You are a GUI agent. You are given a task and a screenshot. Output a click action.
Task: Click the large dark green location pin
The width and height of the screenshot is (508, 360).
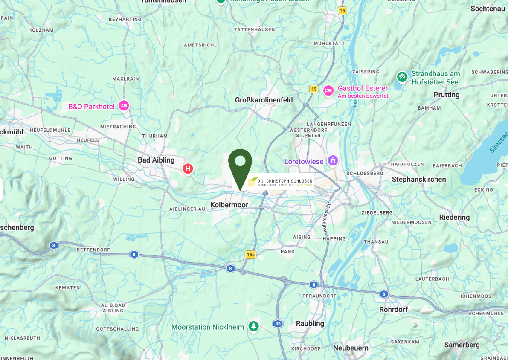pyautogui.click(x=240, y=164)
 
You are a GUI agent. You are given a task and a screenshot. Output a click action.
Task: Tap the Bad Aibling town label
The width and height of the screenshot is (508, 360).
pyautogui.click(x=156, y=160)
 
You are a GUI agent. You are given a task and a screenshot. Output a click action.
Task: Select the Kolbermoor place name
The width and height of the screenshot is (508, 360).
pyautogui.click(x=229, y=205)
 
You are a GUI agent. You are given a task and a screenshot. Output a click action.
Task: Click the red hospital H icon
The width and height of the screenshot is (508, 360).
pyautogui.click(x=187, y=169)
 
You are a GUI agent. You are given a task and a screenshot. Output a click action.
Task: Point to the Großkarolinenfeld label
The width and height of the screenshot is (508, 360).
pyautogui.click(x=264, y=100)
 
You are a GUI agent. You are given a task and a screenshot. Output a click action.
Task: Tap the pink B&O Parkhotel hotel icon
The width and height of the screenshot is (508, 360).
pyautogui.click(x=124, y=106)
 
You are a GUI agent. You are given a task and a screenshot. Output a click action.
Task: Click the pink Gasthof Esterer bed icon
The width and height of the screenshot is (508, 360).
pyautogui.click(x=328, y=90)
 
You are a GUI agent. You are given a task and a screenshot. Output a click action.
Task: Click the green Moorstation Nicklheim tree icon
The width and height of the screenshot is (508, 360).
pyautogui.click(x=254, y=327)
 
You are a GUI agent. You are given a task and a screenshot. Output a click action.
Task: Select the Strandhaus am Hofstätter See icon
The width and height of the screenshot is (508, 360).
pyautogui.click(x=402, y=77)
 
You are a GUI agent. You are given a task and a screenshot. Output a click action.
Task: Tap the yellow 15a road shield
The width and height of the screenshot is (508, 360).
pyautogui.click(x=250, y=255)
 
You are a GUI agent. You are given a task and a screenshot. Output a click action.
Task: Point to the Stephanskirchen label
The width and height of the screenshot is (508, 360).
pyautogui.click(x=419, y=179)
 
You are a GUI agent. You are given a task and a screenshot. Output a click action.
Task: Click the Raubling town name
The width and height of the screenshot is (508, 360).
pyautogui.click(x=310, y=323)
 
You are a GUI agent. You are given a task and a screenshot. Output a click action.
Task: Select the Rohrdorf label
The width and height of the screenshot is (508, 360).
pyautogui.click(x=393, y=309)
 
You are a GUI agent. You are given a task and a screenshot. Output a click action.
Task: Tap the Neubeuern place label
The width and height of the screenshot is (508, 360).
pyautogui.click(x=351, y=348)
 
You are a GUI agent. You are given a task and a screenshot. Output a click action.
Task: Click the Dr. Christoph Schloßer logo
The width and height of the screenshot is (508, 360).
pyautogui.click(x=280, y=182)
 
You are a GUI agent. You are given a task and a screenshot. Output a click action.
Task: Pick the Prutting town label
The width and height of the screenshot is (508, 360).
pyautogui.click(x=447, y=95)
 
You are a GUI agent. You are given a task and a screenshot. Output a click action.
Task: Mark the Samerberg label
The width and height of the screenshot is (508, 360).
pyautogui.click(x=462, y=345)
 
